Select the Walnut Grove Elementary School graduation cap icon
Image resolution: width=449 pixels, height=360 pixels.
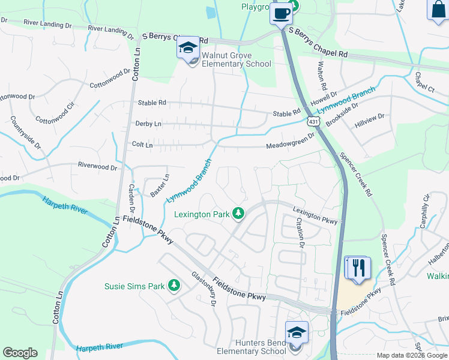tap(188, 48)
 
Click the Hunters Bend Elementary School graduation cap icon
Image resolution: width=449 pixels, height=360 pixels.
tap(297, 332)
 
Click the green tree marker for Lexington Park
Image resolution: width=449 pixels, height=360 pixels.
tap(239, 213)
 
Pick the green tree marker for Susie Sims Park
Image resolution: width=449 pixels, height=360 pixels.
tap(174, 286)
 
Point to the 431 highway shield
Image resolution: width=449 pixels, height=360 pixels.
tap(314, 122)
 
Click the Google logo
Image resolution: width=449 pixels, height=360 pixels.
tap(20, 353)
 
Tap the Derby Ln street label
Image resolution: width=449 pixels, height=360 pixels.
tap(149, 124)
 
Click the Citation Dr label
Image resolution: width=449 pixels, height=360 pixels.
tap(300, 232)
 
